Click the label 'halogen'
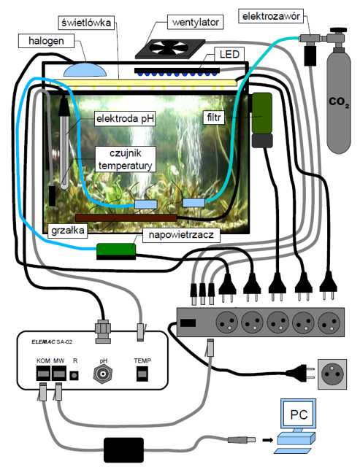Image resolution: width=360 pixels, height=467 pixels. coord(46,41)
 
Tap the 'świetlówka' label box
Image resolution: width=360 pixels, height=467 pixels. coord(86,23)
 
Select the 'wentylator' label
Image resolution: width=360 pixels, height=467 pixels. coord(196,23)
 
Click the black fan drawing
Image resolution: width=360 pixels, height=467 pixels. coord(170,49)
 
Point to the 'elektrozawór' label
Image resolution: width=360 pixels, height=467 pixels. coord(271,16)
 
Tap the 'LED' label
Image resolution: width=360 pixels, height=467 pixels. coord(229,54)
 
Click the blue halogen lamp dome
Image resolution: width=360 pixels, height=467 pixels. coord(85,70)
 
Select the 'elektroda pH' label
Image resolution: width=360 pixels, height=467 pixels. coord(125,119)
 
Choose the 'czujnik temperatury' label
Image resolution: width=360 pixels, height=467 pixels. coord(125,159)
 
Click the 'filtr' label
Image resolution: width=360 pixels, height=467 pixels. coord(214,117)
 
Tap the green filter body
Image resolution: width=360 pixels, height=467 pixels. coord(262,114)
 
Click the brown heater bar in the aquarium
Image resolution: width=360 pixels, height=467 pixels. coord(126,217)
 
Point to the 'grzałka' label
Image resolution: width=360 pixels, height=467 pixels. coord(68,231)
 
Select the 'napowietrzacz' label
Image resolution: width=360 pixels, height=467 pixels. coord(181,235)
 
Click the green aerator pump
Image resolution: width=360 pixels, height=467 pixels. coord(116,251)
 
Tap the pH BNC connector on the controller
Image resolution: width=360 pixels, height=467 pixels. coord(103,373)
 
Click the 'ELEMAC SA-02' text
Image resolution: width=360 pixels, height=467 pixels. coord(52,341)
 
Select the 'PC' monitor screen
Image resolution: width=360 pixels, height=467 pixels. coord(299,414)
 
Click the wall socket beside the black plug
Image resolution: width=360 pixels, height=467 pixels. coord(332,374)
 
